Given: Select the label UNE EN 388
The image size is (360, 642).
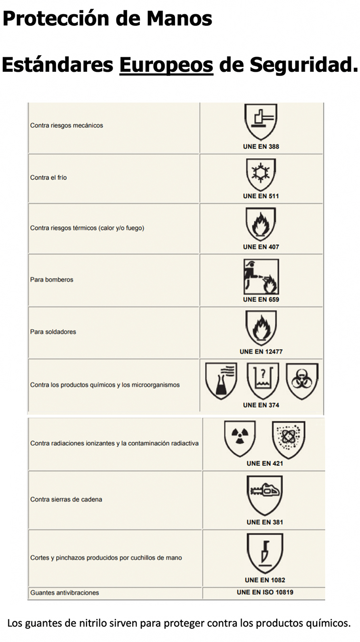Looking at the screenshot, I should click(261, 146).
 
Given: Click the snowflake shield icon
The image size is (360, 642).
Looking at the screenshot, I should click(261, 174).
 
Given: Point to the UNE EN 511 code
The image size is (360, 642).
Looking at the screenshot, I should click(261, 196).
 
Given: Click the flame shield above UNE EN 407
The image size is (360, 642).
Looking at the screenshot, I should click(261, 224).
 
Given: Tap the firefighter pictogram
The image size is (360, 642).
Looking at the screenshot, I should click(261, 277).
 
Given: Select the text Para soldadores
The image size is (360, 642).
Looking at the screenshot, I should click(53, 332).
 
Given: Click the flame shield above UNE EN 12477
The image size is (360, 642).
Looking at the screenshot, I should click(261, 328).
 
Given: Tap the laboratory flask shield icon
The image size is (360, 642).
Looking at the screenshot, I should click(221, 381).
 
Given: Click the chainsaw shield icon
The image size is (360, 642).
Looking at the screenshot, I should click(264, 495).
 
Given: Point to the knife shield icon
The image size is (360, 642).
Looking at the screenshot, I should click(264, 552).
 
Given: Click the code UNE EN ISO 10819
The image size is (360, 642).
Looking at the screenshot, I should click(268, 593).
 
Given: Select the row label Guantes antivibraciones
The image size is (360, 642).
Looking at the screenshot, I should click(65, 593).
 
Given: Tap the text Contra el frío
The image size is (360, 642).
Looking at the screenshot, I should click(49, 177).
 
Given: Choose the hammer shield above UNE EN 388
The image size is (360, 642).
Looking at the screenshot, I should click(261, 122).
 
